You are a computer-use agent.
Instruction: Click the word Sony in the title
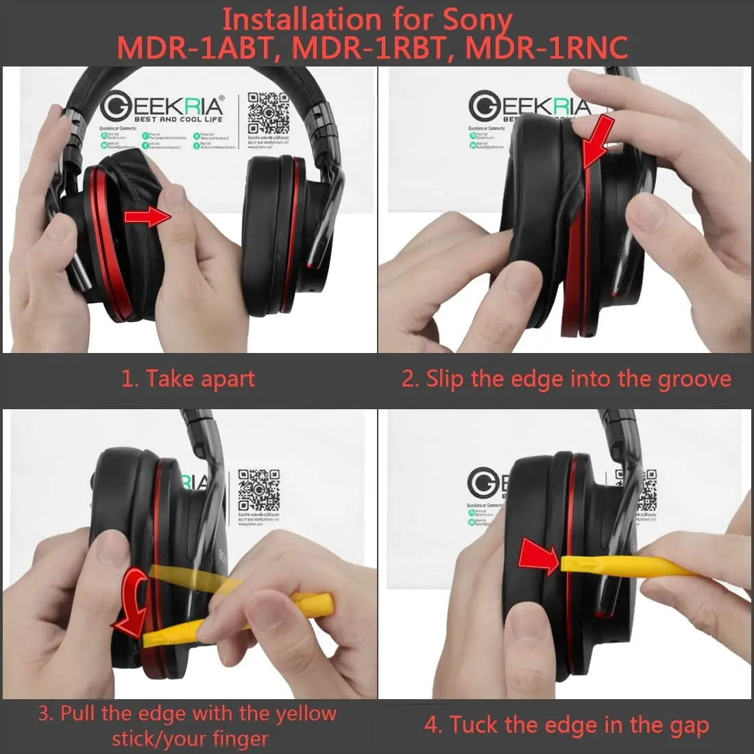click(x=476, y=21)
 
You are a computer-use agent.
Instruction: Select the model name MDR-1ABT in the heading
click(x=193, y=48)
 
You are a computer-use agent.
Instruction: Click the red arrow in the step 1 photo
click(x=147, y=218)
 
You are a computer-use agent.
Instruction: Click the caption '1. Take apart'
click(x=188, y=379)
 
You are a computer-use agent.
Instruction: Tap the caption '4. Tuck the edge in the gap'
click(x=566, y=725)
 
